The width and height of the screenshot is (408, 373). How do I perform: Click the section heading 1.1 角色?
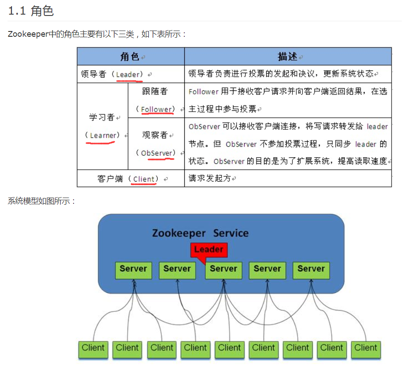coord(31,11)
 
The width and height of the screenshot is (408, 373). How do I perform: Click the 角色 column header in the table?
coord(130,57)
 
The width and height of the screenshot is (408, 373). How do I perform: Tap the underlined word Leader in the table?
coord(128,74)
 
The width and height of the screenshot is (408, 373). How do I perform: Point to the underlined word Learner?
coord(103,136)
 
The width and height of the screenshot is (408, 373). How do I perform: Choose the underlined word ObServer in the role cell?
coord(156,153)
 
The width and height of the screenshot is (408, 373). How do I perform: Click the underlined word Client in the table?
coord(144,179)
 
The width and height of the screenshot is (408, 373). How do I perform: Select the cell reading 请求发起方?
coord(210,179)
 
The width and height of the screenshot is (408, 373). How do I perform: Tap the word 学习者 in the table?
coord(102,118)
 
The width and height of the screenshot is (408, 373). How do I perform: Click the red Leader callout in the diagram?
coord(209,249)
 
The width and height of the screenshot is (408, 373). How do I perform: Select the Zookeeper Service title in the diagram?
coord(200,233)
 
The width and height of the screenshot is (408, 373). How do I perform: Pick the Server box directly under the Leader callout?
coord(223,270)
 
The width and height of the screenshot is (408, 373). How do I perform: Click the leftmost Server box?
coord(133,270)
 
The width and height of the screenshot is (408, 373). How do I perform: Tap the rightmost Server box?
coord(311,270)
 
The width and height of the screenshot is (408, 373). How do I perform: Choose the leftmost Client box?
coord(93,349)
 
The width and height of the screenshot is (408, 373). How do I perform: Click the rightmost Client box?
coord(365,349)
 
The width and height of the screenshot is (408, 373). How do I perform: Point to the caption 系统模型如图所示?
coord(42,201)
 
